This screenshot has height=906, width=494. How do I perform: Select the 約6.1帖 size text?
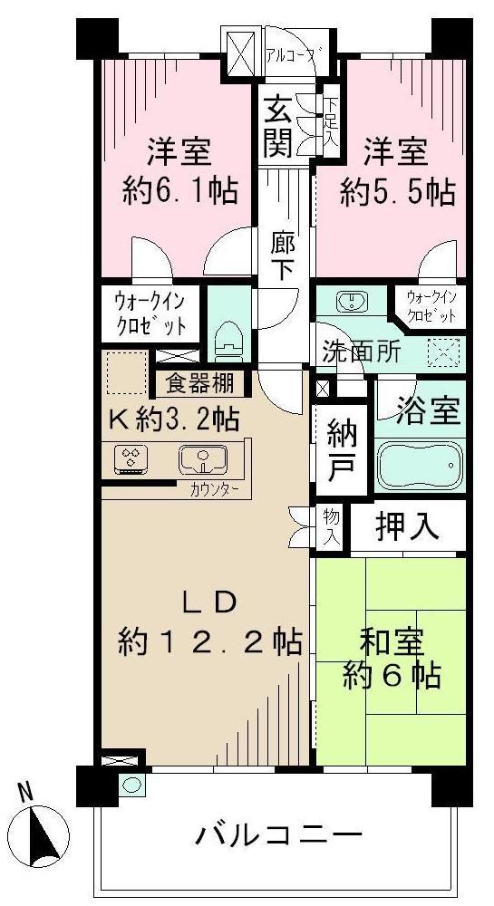180,191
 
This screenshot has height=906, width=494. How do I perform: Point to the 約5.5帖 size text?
397,191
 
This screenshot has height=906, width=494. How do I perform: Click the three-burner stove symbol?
132,460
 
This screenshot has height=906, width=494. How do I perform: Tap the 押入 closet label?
408,526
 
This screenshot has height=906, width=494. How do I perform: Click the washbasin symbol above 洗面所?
350,301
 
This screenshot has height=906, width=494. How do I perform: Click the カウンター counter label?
215,490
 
